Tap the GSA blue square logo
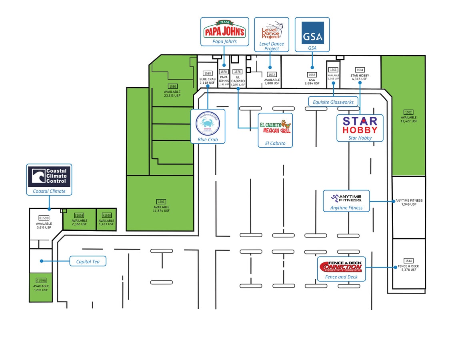312,32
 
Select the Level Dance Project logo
272,30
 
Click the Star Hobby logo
360,125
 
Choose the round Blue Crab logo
208,124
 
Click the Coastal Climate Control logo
49,176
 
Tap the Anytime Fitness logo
346,198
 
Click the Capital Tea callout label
88,262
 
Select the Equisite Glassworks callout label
331,102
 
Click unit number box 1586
172,86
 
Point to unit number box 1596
161,202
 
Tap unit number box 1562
408,112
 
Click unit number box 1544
408,261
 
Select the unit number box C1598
79,215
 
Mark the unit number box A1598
107,215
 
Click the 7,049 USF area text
409,204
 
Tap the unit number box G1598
41,281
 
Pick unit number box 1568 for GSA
312,75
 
